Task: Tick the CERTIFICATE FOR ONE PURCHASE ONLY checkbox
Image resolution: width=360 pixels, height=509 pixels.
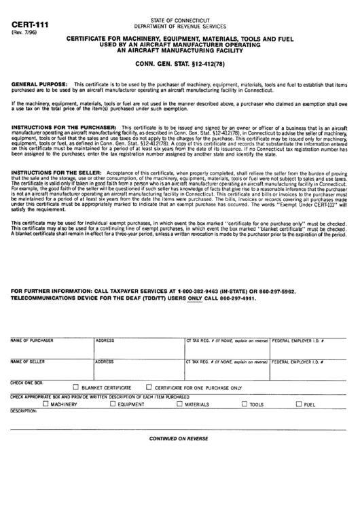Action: pos(148,387)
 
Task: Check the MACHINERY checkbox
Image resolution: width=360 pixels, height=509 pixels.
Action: pos(46,404)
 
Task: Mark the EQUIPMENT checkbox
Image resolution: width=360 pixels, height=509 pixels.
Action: pos(113,404)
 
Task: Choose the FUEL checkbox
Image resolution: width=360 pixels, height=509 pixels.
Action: pos(298,404)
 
